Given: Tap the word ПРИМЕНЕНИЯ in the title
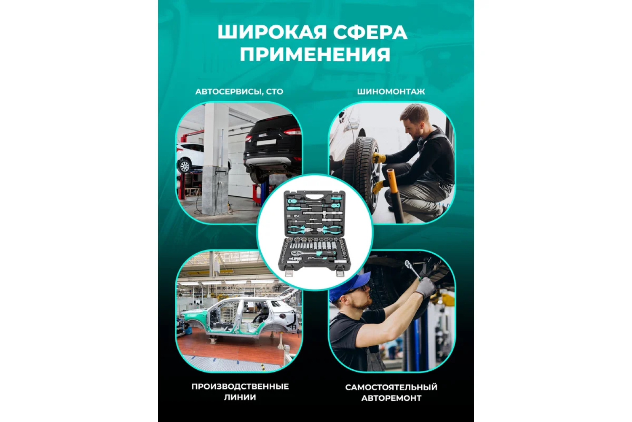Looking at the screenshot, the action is tap(315, 54).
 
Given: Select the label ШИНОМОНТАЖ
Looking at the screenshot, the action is tap(391, 92).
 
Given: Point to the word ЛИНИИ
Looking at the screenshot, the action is tap(240, 398).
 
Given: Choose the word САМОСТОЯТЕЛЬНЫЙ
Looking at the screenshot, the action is tap(391, 387).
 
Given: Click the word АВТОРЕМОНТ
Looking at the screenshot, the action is tap(391, 398).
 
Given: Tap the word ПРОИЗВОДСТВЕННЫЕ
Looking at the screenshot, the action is tap(240, 387).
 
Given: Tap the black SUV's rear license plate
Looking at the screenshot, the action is tap(266, 143).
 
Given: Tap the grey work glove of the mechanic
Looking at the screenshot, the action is tap(426, 287).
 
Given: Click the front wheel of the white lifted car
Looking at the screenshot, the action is tap(185, 166).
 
